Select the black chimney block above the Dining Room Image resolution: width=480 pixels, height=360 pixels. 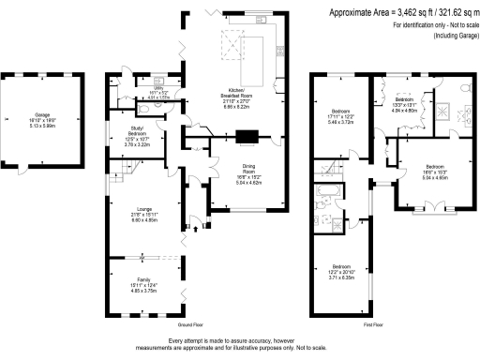tap(246, 138)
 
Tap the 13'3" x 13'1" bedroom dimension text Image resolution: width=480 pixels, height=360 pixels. tap(403, 104)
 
